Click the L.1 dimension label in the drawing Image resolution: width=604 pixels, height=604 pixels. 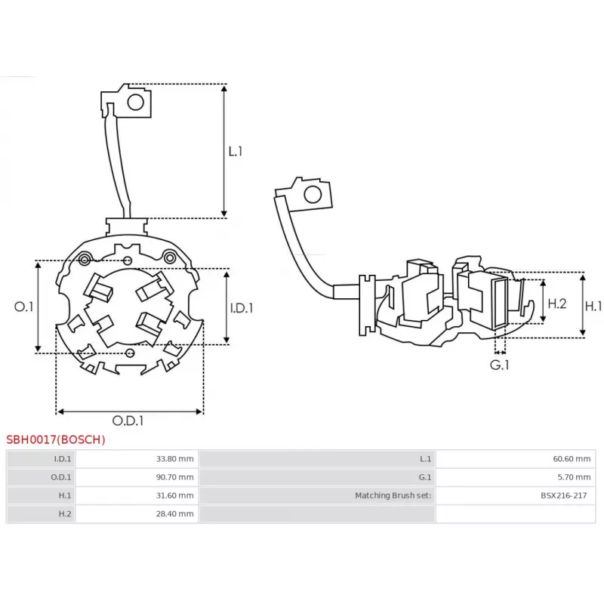tap(236, 151)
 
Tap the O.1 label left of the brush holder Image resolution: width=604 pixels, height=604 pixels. tap(24, 307)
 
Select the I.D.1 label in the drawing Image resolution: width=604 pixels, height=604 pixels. tap(241, 307)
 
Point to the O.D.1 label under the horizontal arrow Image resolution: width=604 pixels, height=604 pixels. tap(128, 421)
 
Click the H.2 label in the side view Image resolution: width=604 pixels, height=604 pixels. tap(556, 304)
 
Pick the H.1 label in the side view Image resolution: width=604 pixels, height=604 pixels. tap(594, 306)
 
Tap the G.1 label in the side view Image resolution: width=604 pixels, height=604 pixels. tap(500, 365)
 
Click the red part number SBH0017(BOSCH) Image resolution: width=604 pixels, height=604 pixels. tap(56, 439)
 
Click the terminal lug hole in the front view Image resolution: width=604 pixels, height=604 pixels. tap(137, 102)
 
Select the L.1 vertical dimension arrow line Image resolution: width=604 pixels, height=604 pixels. tap(224, 151)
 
